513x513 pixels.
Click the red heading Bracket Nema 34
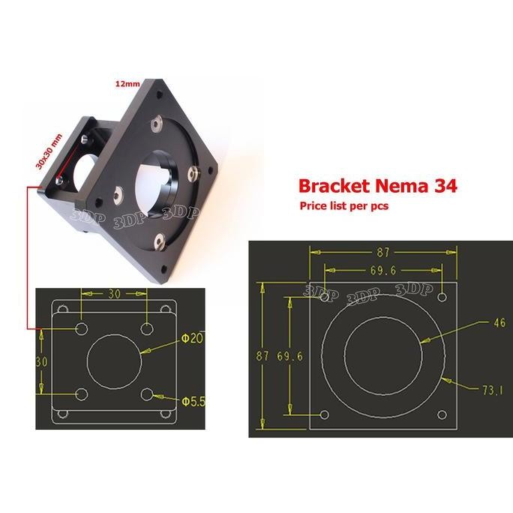pyautogui.click(x=377, y=185)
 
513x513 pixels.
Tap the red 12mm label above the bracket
pyautogui.click(x=127, y=85)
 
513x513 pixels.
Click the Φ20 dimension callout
pyautogui.click(x=192, y=340)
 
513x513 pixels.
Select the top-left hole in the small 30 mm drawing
pyautogui.click(x=82, y=328)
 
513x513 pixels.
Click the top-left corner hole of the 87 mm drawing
pyautogui.click(x=325, y=298)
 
